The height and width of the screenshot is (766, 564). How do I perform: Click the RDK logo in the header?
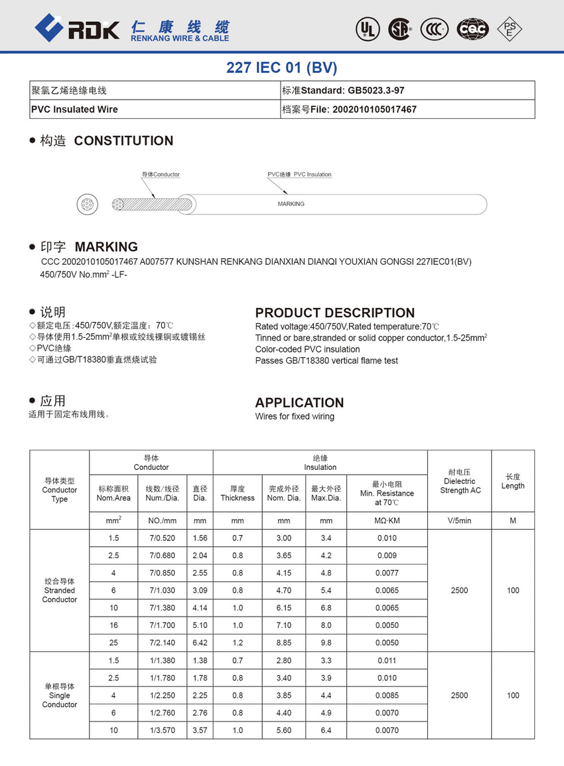tap(77, 28)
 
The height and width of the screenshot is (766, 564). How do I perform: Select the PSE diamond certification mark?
tap(510, 29)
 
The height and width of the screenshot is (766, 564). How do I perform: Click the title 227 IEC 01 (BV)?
tap(282, 67)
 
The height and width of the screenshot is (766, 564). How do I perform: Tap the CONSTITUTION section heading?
tap(123, 141)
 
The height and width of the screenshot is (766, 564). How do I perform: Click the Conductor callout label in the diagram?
tap(161, 175)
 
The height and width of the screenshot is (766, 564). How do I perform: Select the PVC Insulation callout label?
tap(299, 175)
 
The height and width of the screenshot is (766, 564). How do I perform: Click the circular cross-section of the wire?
tap(87, 204)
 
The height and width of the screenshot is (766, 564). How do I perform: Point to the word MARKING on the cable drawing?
tap(291, 204)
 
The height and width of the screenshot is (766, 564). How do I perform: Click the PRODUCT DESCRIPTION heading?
tap(334, 313)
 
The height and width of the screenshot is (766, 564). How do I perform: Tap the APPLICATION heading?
tap(299, 402)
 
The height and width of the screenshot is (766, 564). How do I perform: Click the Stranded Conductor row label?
tap(59, 590)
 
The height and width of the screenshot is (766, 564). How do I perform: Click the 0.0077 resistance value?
tap(387, 573)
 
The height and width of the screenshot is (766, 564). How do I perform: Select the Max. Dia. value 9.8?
tap(326, 643)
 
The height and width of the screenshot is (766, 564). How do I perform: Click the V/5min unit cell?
tap(459, 520)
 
